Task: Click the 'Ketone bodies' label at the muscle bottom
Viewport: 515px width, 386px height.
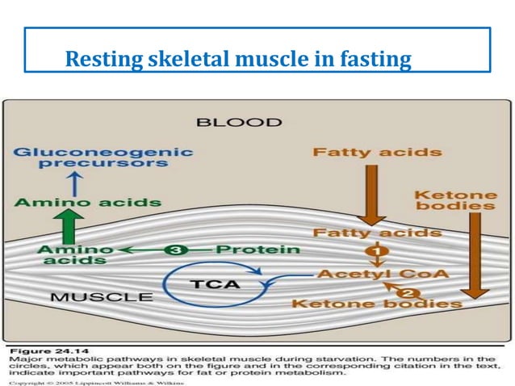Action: pyautogui.click(x=376, y=304)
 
